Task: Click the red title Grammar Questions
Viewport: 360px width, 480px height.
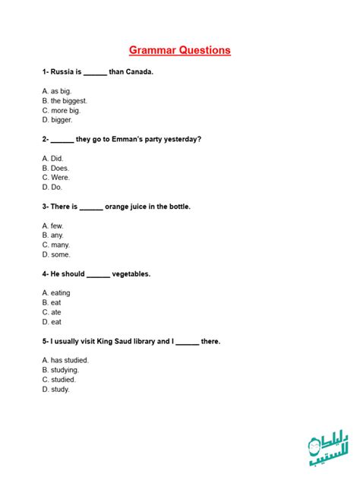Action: coord(180,51)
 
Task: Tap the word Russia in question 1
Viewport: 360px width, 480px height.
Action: coord(62,72)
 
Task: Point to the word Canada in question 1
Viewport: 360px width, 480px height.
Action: coord(138,72)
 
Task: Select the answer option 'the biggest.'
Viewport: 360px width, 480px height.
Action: coord(68,100)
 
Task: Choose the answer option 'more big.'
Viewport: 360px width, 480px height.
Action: coord(65,110)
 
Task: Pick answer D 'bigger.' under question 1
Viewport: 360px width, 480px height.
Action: coord(62,120)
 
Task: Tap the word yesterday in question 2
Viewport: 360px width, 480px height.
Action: coord(183,139)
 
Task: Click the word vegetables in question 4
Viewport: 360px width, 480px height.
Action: coord(131,274)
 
